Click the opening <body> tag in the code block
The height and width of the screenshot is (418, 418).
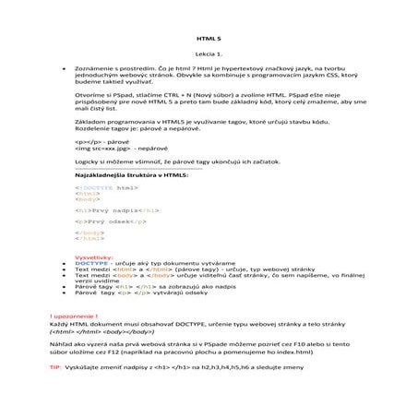click(88, 198)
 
